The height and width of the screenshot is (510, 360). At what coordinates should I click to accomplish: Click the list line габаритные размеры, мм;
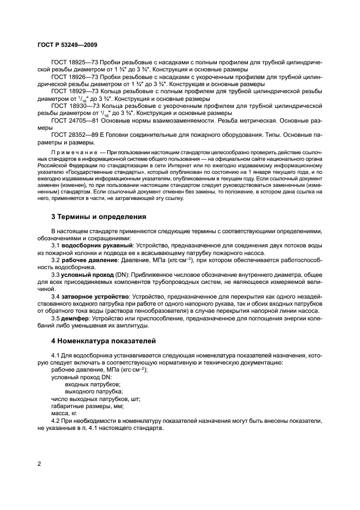pos(87,406)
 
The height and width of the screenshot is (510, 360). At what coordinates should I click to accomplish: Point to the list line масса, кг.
pos(65,413)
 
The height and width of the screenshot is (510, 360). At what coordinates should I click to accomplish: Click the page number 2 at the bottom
pos(40,464)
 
